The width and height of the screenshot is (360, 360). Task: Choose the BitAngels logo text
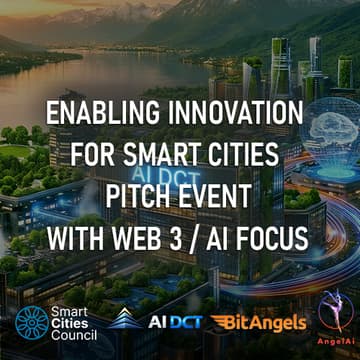click(x=257, y=322)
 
